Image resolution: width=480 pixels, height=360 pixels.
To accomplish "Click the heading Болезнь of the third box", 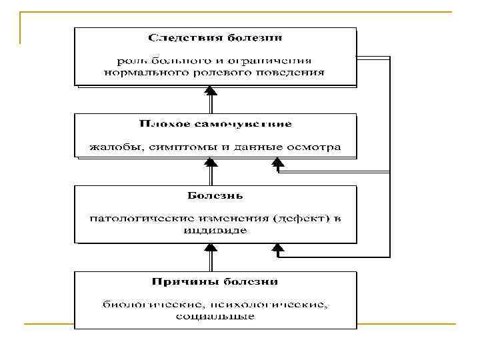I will [214, 196].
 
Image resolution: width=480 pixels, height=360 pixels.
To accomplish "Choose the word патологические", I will [133, 219].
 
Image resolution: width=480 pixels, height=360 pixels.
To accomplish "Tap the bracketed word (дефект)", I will [290, 219].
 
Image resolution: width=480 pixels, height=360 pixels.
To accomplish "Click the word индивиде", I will [214, 231].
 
